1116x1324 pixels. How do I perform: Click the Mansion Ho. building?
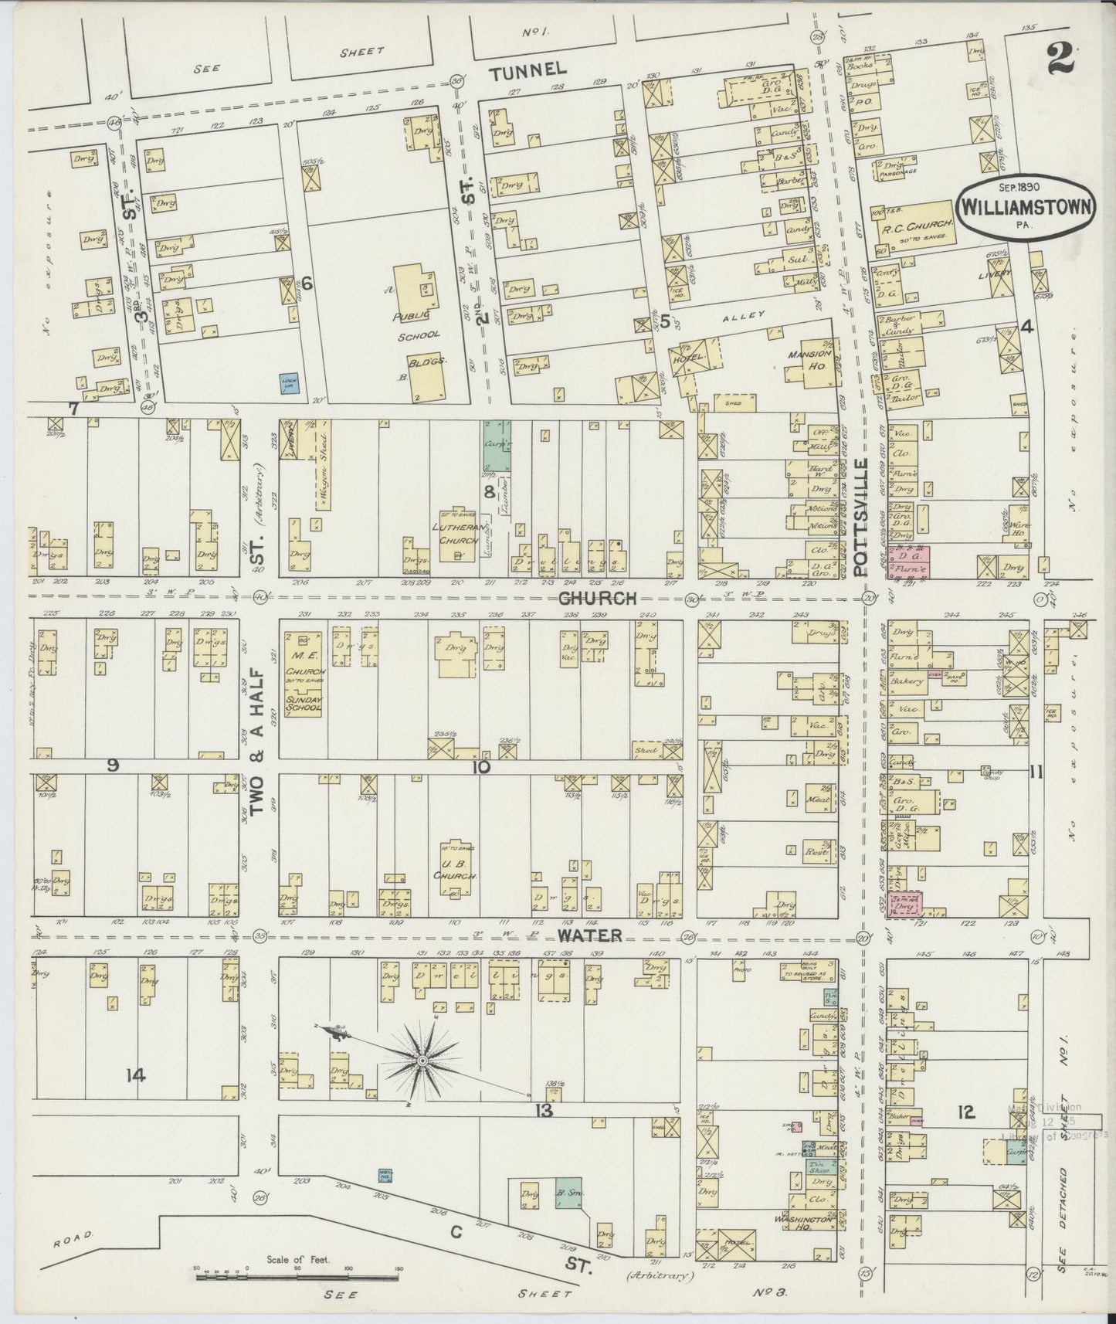point(809,359)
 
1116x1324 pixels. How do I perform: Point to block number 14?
point(136,1074)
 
